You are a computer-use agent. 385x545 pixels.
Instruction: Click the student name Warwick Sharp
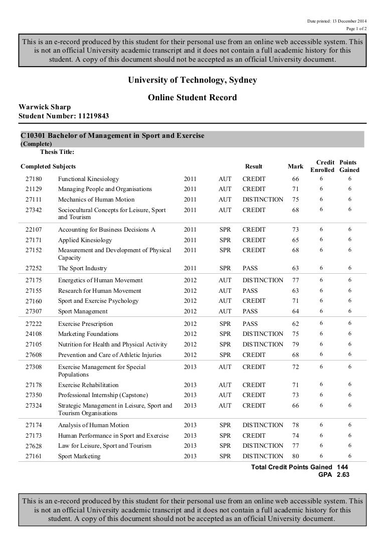[45, 107]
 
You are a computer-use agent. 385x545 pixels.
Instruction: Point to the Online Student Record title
[192, 98]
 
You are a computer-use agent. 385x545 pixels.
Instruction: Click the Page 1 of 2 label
[356, 29]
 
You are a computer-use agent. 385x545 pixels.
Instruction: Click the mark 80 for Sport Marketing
[295, 456]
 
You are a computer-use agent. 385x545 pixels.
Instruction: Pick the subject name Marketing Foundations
[88, 334]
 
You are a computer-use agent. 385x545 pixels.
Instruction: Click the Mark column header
[295, 166]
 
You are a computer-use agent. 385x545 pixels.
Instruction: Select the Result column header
[254, 166]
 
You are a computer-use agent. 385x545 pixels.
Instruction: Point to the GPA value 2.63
[343, 474]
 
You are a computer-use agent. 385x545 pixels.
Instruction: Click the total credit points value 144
[343, 467]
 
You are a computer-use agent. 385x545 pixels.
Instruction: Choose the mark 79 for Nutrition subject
[295, 344]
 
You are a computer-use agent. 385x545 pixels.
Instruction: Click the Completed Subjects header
[48, 166]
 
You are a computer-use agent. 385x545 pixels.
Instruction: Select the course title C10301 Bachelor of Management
[112, 136]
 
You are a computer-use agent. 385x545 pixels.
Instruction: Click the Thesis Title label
[57, 152]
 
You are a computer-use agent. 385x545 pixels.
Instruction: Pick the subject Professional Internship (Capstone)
[96, 395]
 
